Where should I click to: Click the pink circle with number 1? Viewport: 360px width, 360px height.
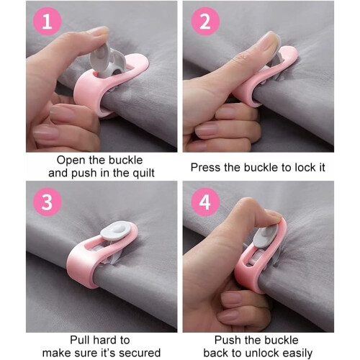48,22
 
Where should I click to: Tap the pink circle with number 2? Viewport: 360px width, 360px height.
205,22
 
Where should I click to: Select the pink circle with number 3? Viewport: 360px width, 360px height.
48,202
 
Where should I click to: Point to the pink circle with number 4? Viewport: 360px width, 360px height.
205,202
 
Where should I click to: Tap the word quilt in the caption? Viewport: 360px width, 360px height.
144,174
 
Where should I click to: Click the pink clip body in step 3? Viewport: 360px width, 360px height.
81,264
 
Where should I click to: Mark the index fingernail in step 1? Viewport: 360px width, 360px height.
100,31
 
